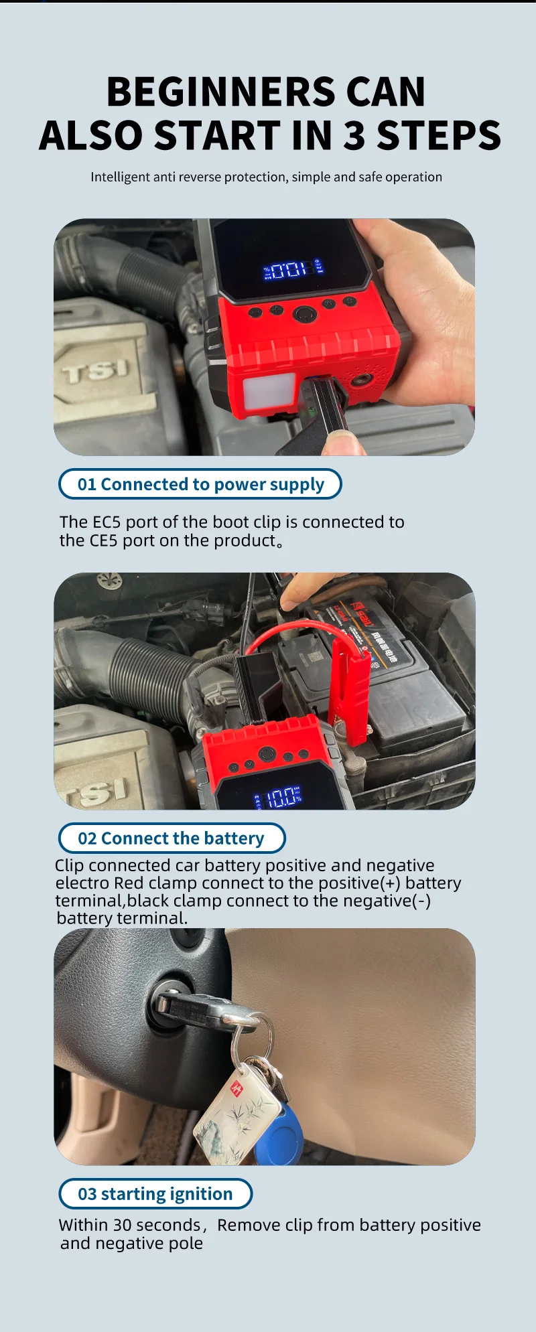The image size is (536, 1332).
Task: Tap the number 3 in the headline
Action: [354, 136]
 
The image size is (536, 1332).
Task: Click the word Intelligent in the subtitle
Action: [120, 177]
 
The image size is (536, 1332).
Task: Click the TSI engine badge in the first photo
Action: [96, 370]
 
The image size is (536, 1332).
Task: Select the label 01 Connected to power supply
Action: [200, 484]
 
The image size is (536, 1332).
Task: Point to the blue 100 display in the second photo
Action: [281, 798]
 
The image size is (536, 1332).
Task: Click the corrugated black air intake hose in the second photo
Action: [144, 676]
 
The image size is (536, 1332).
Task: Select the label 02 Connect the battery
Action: [172, 838]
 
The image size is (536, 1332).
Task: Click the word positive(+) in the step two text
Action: [371, 883]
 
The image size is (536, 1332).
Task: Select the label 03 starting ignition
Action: [155, 1194]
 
